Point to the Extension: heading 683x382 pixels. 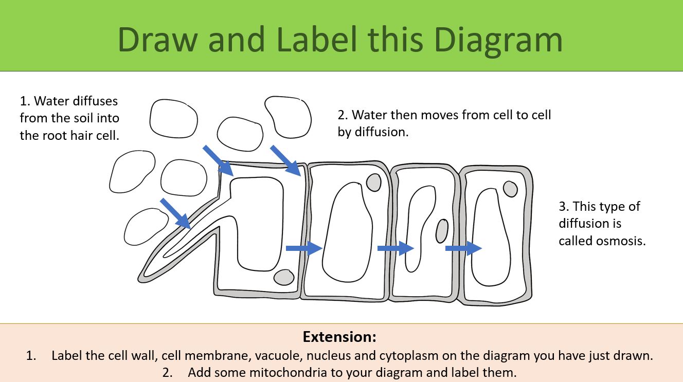point(340,337)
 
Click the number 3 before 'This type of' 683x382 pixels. point(562,207)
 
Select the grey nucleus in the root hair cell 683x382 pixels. point(283,277)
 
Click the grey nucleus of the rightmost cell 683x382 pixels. point(510,189)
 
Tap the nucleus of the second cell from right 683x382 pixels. point(442,231)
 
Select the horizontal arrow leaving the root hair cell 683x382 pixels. point(303,248)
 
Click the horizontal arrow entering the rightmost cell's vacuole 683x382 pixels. point(463,249)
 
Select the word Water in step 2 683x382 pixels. point(369,115)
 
